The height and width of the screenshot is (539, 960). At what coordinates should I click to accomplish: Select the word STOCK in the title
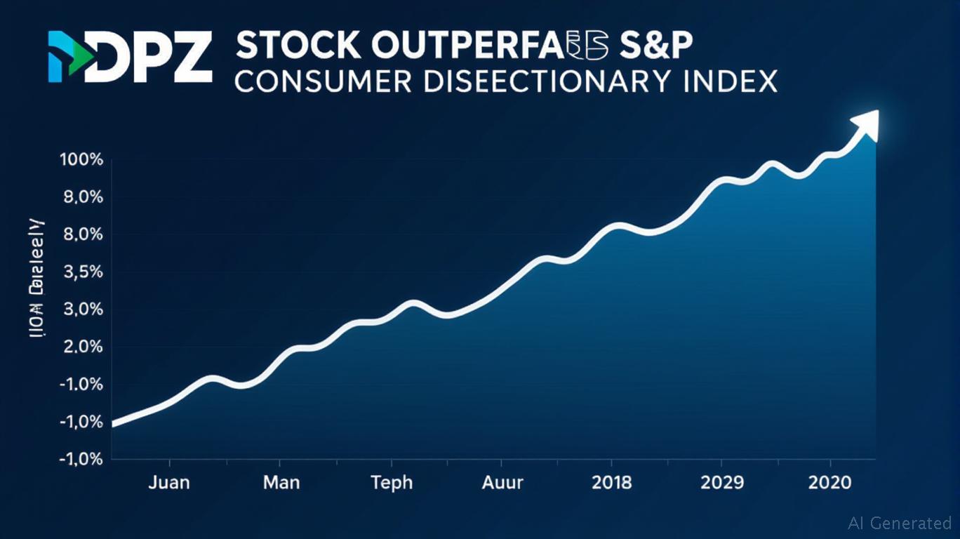(297, 46)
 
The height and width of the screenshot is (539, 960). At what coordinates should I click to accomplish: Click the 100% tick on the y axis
(82, 160)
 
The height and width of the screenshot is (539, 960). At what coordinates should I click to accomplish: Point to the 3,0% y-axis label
(83, 310)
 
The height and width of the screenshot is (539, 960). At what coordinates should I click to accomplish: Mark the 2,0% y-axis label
(83, 347)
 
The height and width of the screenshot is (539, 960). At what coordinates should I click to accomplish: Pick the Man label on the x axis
(281, 483)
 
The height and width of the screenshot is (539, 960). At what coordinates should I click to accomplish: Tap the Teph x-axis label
(392, 483)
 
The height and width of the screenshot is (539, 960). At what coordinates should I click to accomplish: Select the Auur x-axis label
(502, 483)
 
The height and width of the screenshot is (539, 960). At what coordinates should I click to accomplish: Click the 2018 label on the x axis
(611, 483)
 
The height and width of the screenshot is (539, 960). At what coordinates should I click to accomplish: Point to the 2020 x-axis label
(830, 483)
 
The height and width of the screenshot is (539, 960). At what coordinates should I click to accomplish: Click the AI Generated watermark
(900, 523)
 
